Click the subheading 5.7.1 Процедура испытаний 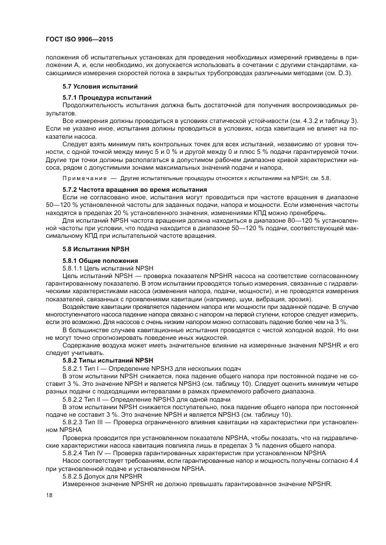(x=107, y=96)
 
